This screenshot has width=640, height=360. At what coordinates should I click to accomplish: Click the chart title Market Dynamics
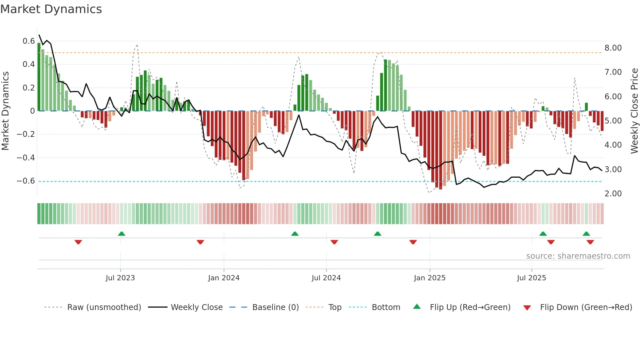click(x=51, y=9)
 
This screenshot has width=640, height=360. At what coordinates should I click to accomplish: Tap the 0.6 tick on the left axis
click(x=28, y=41)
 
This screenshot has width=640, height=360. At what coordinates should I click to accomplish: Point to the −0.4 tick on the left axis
click(x=25, y=158)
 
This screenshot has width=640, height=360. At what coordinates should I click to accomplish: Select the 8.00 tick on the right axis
click(x=613, y=48)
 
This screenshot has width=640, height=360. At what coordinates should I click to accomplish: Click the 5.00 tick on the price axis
click(x=613, y=121)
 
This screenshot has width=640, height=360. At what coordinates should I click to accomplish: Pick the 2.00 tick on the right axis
click(x=613, y=194)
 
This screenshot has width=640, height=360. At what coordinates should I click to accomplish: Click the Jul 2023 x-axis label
click(x=120, y=278)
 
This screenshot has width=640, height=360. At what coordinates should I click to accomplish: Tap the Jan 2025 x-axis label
click(x=429, y=278)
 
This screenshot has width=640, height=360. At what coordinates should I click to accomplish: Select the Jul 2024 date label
click(x=326, y=278)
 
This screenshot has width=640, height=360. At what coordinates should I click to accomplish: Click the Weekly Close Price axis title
click(x=634, y=111)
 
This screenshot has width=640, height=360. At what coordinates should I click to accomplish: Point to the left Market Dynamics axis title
click(x=5, y=111)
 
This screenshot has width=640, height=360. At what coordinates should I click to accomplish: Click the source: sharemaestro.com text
click(x=578, y=256)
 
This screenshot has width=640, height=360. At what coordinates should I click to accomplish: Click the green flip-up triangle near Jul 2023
click(x=121, y=234)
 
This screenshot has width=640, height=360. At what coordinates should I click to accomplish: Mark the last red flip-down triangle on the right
click(x=590, y=242)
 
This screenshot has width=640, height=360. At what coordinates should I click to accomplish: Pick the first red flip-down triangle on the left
click(x=78, y=242)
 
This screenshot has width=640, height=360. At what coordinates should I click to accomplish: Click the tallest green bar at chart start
click(x=39, y=77)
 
